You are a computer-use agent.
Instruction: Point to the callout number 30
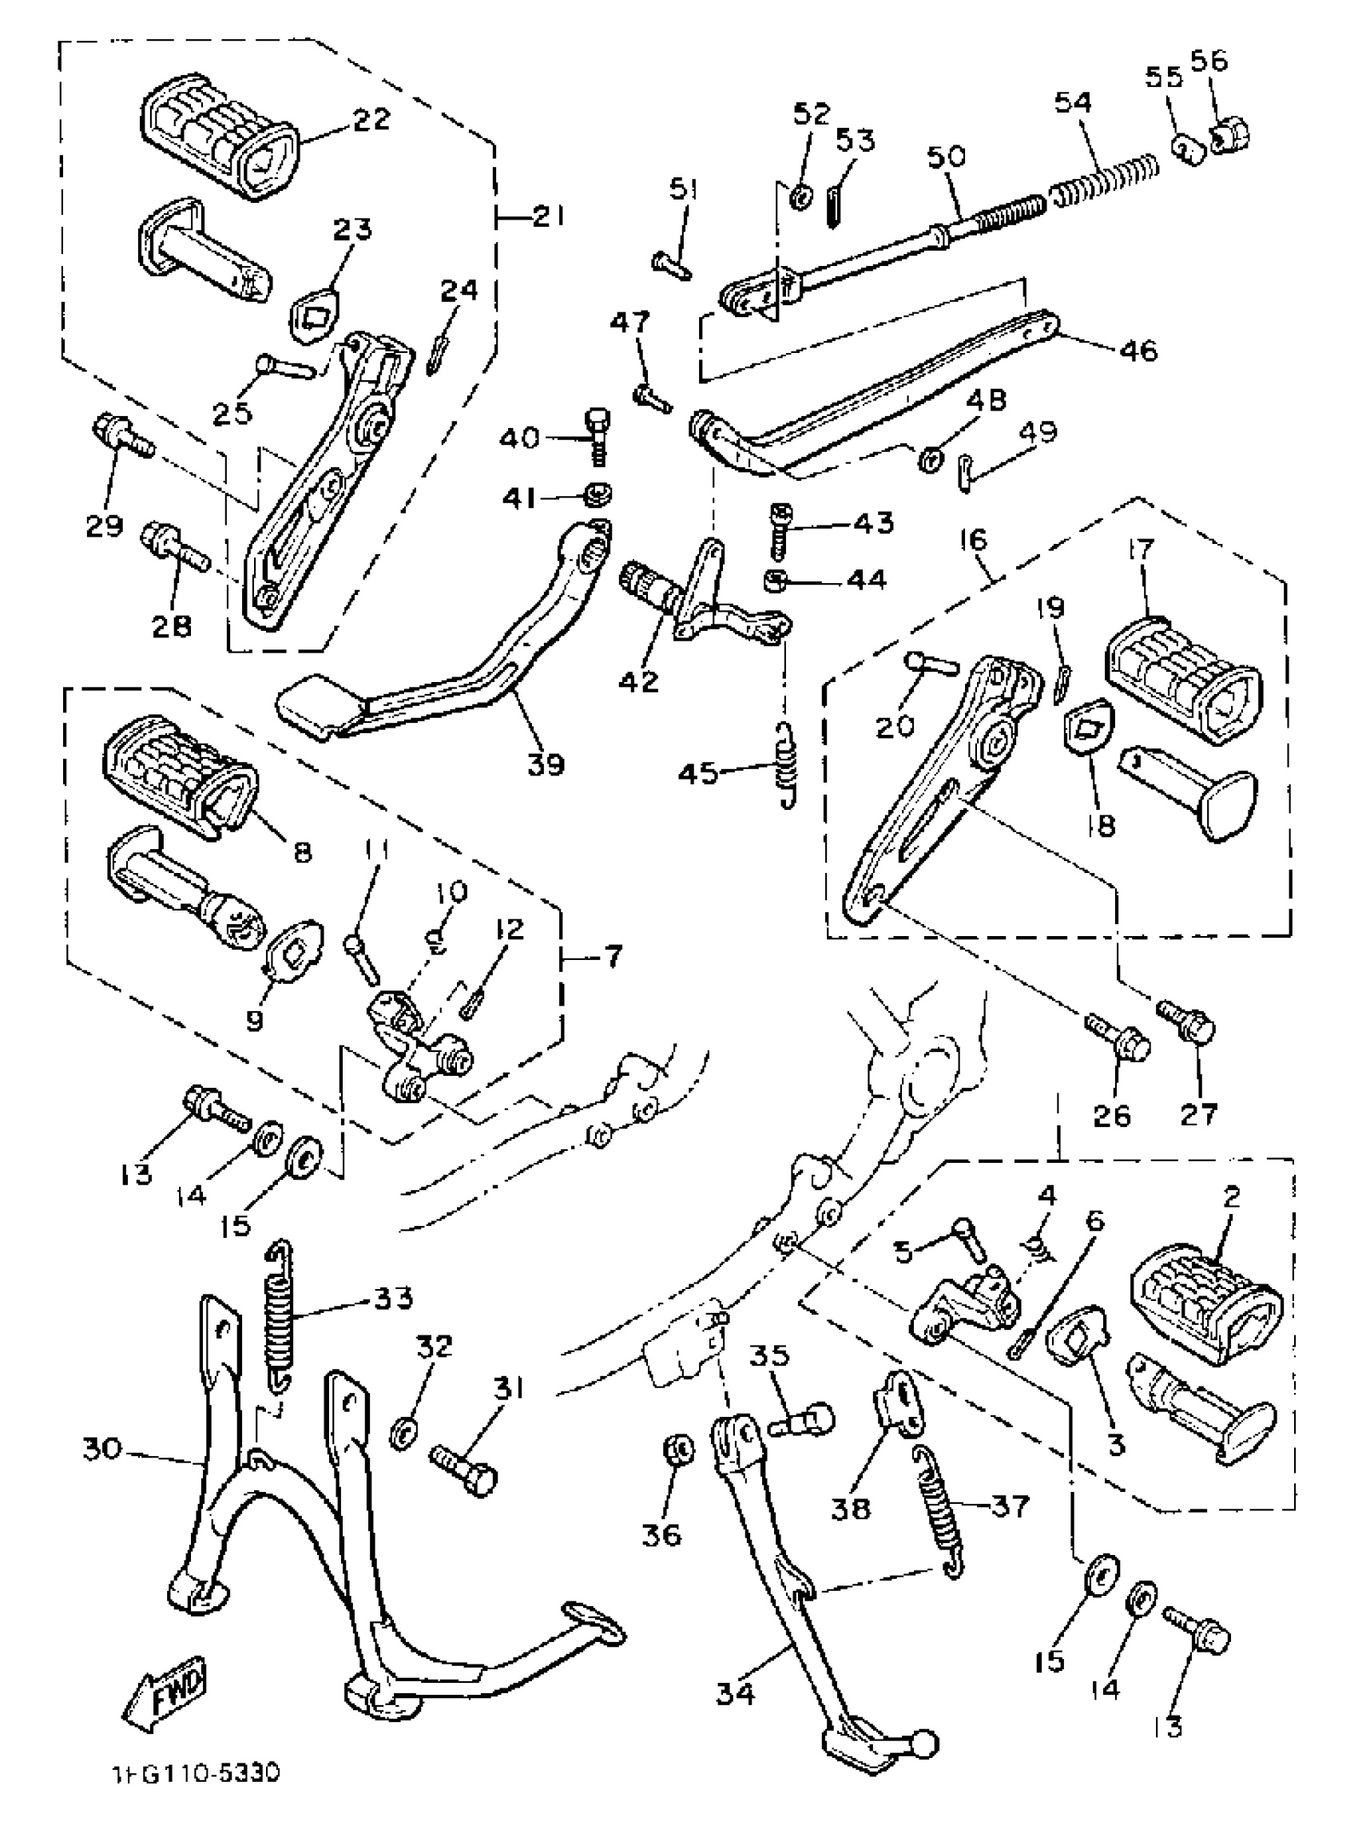102,1448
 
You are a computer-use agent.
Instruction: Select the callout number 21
548,217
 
